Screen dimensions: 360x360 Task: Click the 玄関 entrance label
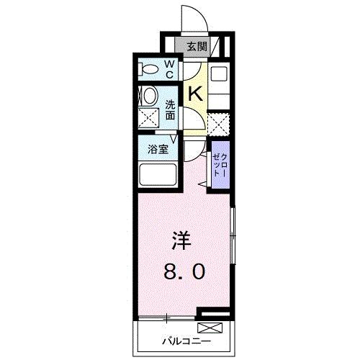[194, 47]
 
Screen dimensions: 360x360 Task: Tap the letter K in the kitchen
[194, 93]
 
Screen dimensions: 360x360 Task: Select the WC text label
[170, 70]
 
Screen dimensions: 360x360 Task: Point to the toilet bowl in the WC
[149, 70]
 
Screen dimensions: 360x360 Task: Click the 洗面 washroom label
[171, 109]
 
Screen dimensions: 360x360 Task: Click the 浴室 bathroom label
[158, 151]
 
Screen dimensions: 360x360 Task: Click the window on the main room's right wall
[232, 237]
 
